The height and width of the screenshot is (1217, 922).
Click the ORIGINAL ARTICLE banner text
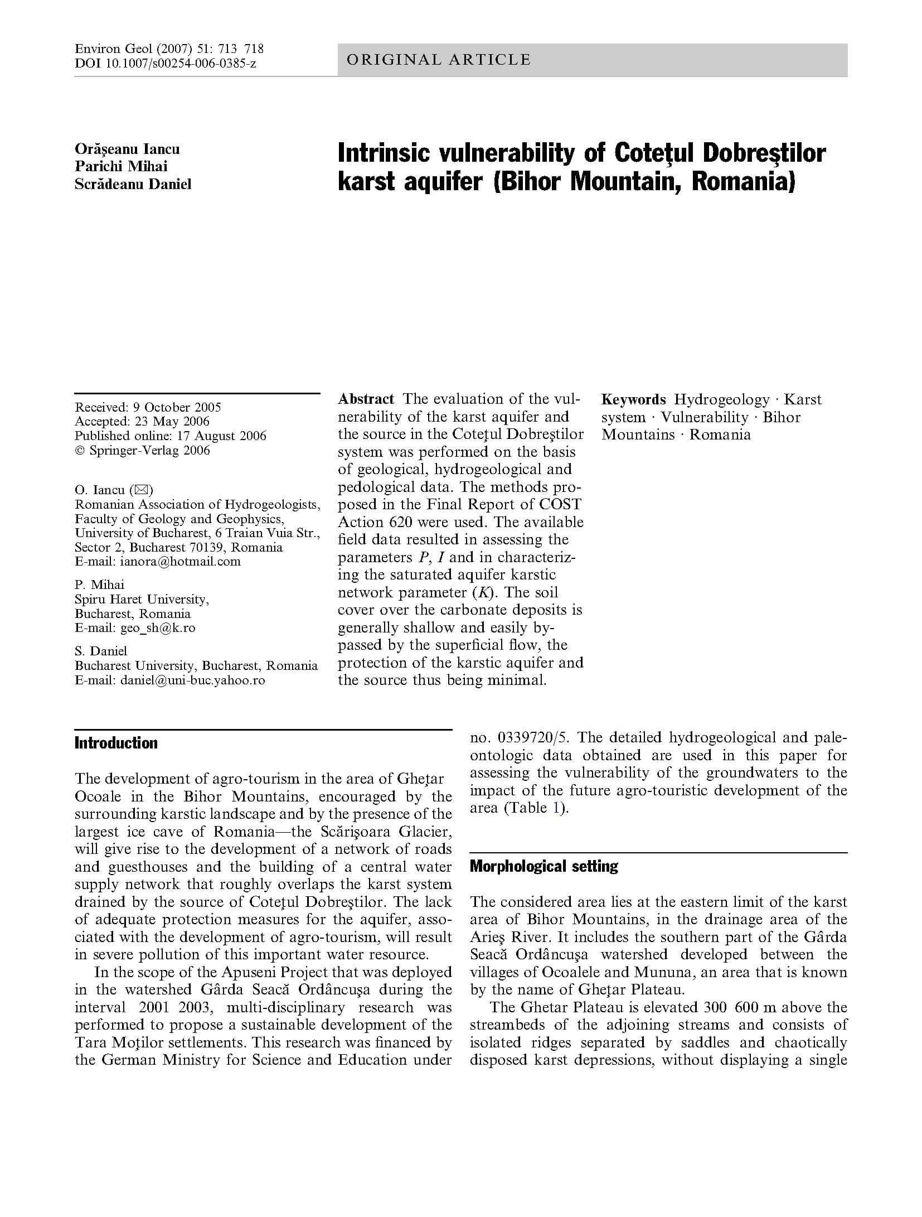click(438, 60)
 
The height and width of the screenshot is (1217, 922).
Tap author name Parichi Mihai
click(121, 166)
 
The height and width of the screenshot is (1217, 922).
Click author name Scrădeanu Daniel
click(133, 184)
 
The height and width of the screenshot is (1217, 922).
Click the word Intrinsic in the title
click(383, 153)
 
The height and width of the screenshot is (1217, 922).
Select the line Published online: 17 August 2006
click(170, 436)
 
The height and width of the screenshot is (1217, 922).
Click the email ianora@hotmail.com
click(180, 562)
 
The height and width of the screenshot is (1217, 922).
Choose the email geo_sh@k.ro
click(158, 628)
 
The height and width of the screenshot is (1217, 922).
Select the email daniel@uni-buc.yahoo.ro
click(192, 680)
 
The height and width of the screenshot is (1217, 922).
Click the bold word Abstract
click(366, 399)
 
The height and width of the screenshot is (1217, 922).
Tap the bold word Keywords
click(633, 400)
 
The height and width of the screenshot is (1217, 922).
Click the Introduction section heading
click(116, 743)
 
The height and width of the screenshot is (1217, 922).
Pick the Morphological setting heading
click(544, 866)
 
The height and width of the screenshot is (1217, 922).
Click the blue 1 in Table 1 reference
click(555, 808)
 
